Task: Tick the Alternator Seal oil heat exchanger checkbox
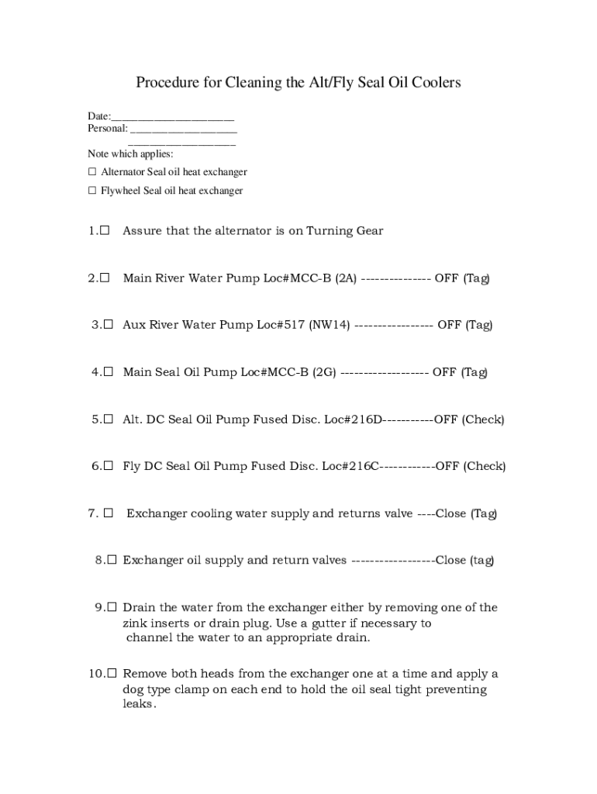pos(92,171)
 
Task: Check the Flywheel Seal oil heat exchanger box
pos(92,190)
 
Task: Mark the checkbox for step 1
pos(105,230)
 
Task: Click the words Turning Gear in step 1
pos(345,231)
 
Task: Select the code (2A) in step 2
pos(346,278)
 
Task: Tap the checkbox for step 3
pos(109,325)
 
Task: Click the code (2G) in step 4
pos(324,372)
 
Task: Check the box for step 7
pos(109,513)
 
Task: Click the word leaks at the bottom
pos(140,706)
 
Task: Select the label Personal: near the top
pos(108,128)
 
